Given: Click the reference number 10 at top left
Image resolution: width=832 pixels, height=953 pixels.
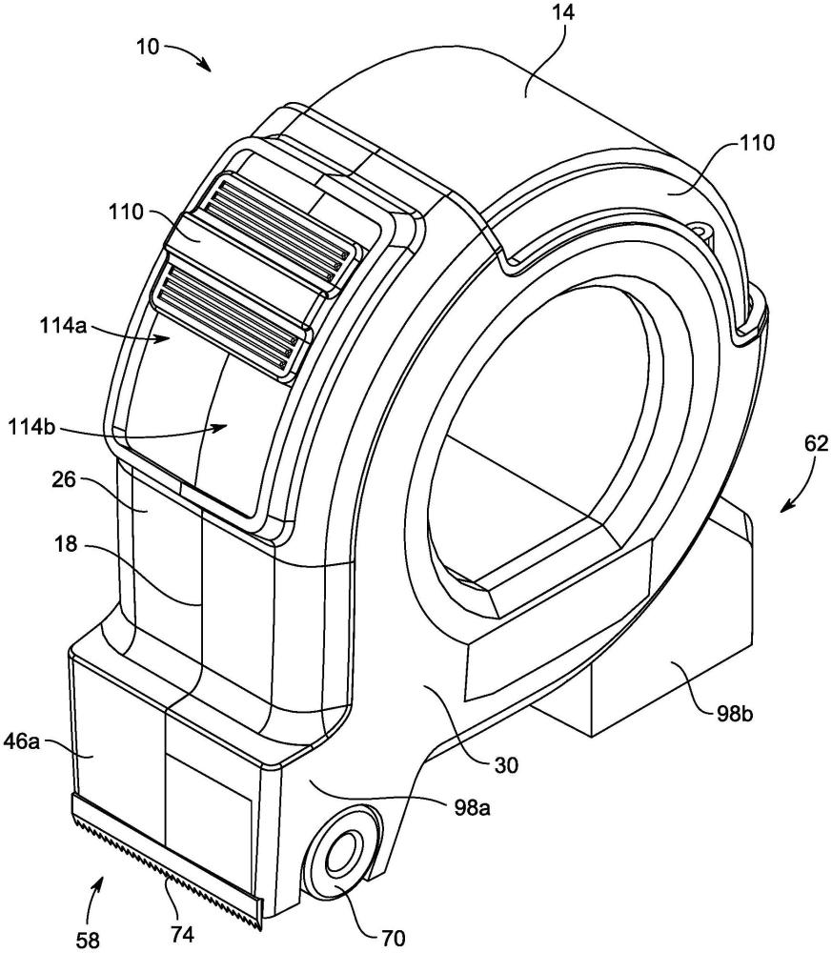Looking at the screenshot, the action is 148,47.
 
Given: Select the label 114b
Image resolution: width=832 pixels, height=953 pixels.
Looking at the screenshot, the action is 31,428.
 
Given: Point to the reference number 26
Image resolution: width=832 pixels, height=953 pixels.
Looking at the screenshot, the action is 64,479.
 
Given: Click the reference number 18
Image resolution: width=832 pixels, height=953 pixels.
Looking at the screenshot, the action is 66,544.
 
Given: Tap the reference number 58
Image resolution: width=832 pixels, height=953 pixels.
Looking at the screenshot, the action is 88,941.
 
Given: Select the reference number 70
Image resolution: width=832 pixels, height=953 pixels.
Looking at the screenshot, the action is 393,938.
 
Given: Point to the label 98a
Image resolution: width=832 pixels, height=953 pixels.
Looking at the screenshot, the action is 472,808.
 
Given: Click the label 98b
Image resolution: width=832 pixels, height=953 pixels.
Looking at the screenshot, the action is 734,712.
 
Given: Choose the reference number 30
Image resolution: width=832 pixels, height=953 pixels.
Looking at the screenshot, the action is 505,764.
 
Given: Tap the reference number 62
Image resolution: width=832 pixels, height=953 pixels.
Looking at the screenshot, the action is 816,444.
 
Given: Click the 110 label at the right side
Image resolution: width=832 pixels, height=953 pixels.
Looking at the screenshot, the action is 757,143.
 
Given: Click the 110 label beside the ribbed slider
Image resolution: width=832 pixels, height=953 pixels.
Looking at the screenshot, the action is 127,213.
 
